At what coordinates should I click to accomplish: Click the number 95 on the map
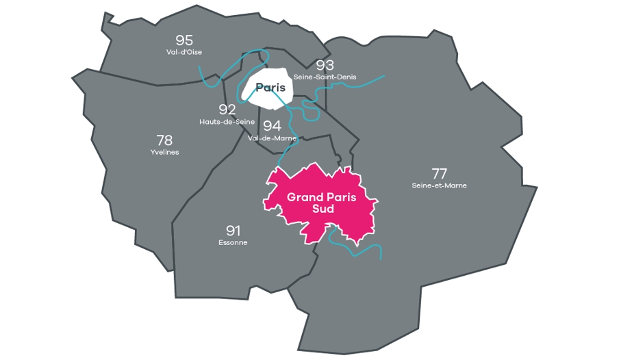click(184, 40)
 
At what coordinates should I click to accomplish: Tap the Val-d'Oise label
click(184, 52)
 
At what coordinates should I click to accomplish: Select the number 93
click(325, 65)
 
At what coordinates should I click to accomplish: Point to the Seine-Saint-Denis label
click(325, 77)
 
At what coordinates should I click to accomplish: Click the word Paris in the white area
click(270, 88)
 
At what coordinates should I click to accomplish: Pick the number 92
click(227, 110)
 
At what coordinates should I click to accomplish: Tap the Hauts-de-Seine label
click(227, 122)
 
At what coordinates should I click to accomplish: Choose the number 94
click(273, 125)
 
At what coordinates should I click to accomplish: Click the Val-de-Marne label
click(273, 138)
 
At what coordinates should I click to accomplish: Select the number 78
click(164, 140)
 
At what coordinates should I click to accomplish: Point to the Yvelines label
click(164, 152)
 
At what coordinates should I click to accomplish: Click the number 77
click(440, 173)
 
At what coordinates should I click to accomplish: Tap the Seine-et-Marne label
click(440, 185)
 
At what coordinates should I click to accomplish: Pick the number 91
click(233, 230)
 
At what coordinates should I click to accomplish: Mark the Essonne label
click(233, 242)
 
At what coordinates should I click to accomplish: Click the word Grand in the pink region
click(305, 197)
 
